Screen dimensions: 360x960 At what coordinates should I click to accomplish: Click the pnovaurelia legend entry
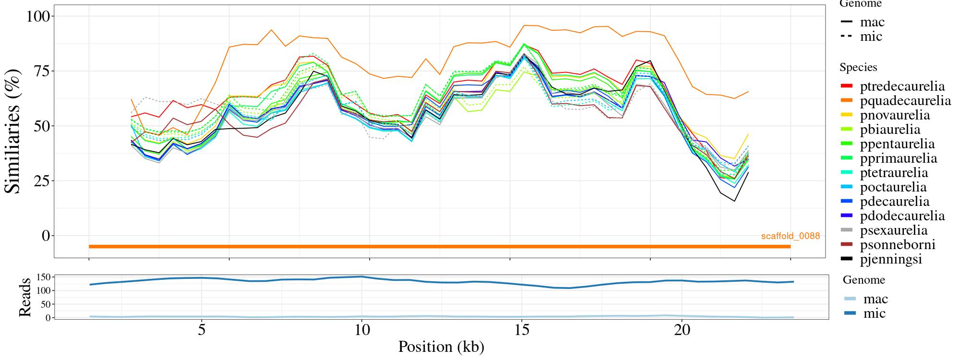click(x=895, y=115)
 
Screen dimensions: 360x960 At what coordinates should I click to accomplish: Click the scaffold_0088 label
click(x=790, y=236)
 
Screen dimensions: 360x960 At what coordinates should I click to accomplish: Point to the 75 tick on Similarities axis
click(x=41, y=71)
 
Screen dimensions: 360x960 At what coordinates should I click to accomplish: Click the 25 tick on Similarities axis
click(x=41, y=181)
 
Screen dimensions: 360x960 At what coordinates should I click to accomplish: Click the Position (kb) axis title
click(x=441, y=347)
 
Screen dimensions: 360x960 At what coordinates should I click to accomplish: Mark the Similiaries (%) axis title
click(x=13, y=131)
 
